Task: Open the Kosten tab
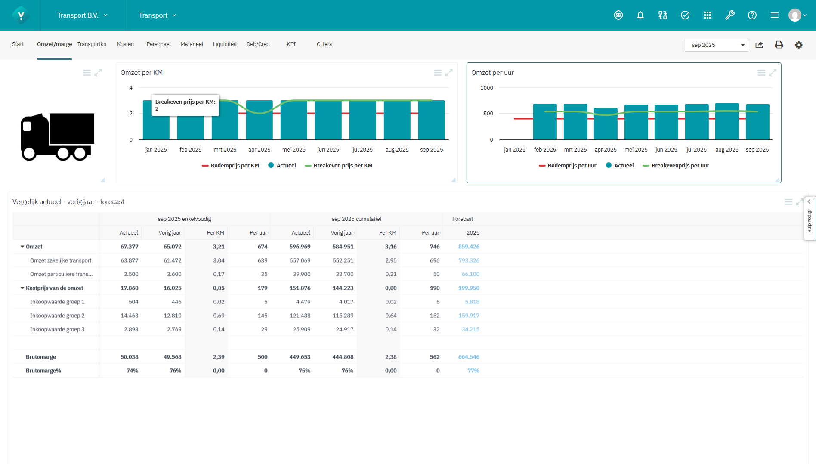125,44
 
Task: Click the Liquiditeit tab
225,44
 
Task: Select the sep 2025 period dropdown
716,45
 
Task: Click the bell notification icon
640,15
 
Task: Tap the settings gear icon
798,45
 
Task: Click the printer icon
779,45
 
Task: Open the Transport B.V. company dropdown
82,15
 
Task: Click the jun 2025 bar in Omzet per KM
328,125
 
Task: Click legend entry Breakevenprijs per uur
679,166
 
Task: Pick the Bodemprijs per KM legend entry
234,166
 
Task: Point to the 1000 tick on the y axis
486,88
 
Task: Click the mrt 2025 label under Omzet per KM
225,150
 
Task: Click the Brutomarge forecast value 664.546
468,357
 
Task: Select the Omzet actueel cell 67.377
129,247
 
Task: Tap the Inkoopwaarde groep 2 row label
57,316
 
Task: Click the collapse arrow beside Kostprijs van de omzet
22,288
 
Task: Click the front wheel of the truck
29,153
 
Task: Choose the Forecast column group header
462,219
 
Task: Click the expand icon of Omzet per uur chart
773,73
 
